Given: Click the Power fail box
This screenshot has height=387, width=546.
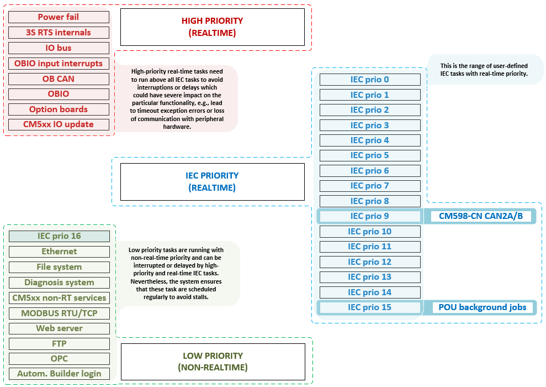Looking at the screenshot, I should tap(59, 17).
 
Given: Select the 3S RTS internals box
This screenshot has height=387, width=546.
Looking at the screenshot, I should tap(59, 33).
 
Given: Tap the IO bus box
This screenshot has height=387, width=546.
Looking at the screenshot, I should tap(59, 48).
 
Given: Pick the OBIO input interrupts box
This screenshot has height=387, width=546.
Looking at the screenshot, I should tap(59, 64).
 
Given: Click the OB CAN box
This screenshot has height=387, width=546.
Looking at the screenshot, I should tap(59, 79).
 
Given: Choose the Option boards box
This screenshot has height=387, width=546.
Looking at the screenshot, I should tap(59, 109).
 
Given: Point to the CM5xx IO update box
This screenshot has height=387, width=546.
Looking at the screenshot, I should tap(59, 124).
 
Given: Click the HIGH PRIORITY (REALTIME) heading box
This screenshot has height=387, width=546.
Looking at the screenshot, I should tap(213, 27).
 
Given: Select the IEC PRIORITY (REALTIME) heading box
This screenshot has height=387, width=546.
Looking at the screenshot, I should tap(213, 182).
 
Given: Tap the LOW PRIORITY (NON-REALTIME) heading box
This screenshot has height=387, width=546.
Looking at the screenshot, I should tap(213, 362).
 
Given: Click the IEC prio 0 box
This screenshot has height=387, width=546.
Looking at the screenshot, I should tap(370, 80).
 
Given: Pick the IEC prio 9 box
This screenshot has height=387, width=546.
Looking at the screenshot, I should tap(370, 216).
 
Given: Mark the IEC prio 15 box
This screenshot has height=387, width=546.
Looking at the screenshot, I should tap(370, 307).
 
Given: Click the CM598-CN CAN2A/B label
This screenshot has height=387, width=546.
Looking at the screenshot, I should tap(480, 216).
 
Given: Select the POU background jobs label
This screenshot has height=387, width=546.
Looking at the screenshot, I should tap(482, 307).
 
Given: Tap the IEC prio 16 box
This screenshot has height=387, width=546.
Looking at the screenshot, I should tap(59, 236).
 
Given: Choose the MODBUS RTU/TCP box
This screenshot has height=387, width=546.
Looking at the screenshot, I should tap(59, 313).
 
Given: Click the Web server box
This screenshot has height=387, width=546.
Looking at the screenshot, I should tap(59, 328).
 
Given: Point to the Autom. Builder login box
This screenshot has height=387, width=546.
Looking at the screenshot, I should tap(59, 374).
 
